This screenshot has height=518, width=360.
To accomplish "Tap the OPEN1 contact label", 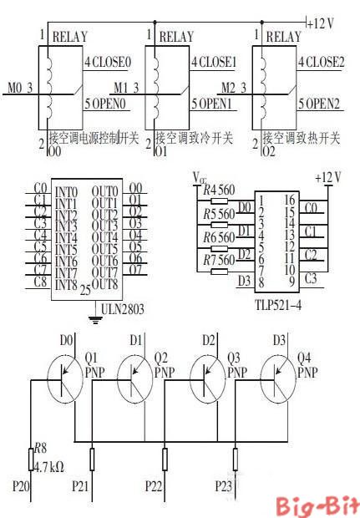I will click(215, 104).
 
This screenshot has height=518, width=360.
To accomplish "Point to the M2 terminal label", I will click(226, 87).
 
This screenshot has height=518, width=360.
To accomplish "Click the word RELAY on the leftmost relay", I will click(69, 37).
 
